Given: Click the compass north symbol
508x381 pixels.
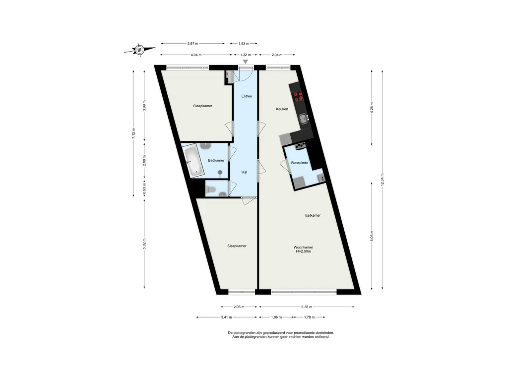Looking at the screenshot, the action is pyautogui.click(x=139, y=50).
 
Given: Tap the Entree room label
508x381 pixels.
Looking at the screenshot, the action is pyautogui.click(x=247, y=96).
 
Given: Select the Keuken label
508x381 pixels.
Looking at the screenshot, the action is pyautogui.click(x=282, y=109).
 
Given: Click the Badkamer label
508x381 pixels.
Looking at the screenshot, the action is pyautogui.click(x=216, y=160).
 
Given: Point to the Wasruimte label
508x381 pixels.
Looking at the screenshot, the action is pyautogui.click(x=299, y=163).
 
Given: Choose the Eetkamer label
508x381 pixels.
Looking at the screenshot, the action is pyautogui.click(x=313, y=215).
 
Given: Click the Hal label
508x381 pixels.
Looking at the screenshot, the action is pyautogui.click(x=244, y=172).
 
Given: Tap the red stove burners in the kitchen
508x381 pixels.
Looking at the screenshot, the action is pyautogui.click(x=298, y=96).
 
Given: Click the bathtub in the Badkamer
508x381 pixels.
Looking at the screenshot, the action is pyautogui.click(x=192, y=161).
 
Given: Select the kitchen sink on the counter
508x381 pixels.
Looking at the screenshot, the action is pyautogui.click(x=304, y=119).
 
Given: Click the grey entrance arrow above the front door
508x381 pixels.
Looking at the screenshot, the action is pyautogui.click(x=246, y=62).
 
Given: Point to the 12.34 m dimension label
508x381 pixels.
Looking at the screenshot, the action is pyautogui.click(x=382, y=180).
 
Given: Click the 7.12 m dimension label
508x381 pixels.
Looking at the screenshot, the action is pyautogui.click(x=133, y=133).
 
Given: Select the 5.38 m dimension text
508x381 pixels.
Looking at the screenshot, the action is pyautogui.click(x=306, y=307).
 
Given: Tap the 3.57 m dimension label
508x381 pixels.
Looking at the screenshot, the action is pyautogui.click(x=193, y=44).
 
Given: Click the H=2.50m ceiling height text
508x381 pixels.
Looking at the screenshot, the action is pyautogui.click(x=303, y=252).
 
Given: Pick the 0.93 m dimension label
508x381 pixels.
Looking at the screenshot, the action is pyautogui.click(x=144, y=188).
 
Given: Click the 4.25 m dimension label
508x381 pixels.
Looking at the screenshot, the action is pyautogui.click(x=372, y=107).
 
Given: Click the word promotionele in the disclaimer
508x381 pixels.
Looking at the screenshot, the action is pyautogui.click(x=294, y=333).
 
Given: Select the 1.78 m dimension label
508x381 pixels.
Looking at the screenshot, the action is pyautogui.click(x=310, y=317).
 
